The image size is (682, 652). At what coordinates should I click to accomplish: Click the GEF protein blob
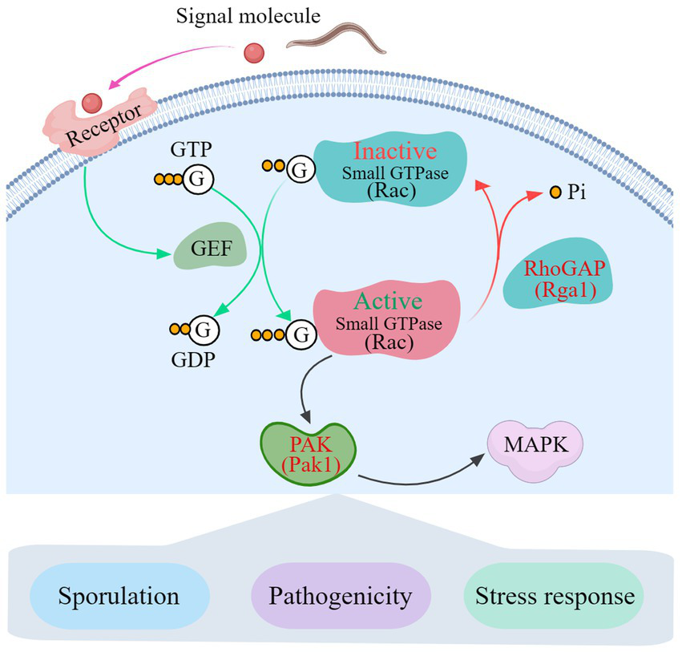pyautogui.click(x=211, y=246)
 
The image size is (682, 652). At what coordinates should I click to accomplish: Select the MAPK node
pyautogui.click(x=535, y=451)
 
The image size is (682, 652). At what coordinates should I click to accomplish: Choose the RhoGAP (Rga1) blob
pyautogui.click(x=559, y=273)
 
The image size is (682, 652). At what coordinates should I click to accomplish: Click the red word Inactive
pyautogui.click(x=395, y=151)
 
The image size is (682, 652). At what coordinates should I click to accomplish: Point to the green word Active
pyautogui.click(x=388, y=301)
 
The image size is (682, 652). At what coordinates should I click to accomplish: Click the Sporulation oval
pyautogui.click(x=119, y=595)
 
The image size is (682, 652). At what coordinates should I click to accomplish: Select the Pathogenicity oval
pyautogui.click(x=341, y=595)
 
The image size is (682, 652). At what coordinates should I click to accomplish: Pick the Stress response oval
pyautogui.click(x=554, y=595)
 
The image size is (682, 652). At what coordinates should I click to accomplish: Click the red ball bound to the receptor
pyautogui.click(x=92, y=103)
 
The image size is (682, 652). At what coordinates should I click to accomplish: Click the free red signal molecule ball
pyautogui.click(x=254, y=53)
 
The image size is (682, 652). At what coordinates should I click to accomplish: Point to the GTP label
pyautogui.click(x=191, y=149)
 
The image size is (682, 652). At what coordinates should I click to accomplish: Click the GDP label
pyautogui.click(x=193, y=360)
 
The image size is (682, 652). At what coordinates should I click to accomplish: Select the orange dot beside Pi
pyautogui.click(x=555, y=192)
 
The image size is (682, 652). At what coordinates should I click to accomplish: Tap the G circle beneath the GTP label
pyautogui.click(x=198, y=179)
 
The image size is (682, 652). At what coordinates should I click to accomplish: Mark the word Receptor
pyautogui.click(x=104, y=125)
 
